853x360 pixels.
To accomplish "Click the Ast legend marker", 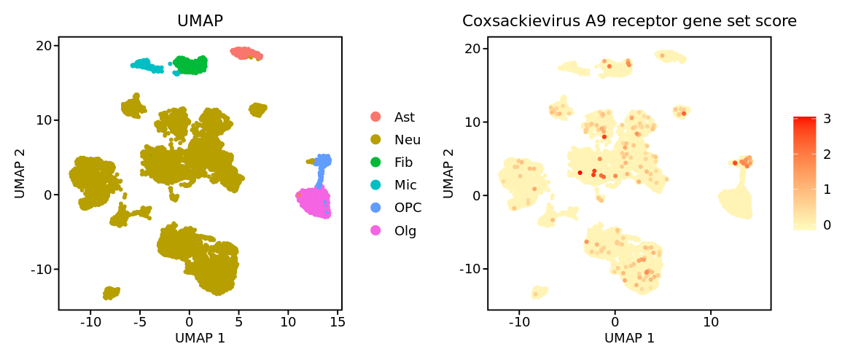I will (375, 117).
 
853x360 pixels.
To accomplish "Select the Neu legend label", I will (407, 139).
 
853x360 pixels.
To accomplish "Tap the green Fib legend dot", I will (375, 162).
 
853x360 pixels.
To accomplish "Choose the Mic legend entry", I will (405, 184).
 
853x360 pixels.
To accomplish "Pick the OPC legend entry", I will (408, 208).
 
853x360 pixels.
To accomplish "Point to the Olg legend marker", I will (375, 230).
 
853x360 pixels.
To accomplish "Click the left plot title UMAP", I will (200, 22).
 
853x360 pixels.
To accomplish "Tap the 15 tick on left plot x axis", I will (338, 320).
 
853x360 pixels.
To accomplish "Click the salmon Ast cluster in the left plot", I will (246, 52).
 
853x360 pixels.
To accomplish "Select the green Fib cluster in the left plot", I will (190, 65).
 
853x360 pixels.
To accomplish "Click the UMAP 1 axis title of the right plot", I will (629, 338).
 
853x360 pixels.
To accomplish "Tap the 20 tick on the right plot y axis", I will (472, 49).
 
